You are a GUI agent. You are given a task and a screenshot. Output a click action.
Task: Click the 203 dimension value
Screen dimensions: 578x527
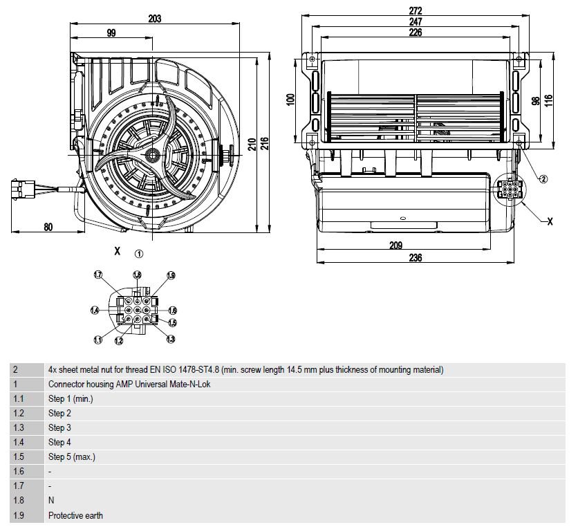point(154,19)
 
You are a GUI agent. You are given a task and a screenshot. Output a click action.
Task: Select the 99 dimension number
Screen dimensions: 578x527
point(111,33)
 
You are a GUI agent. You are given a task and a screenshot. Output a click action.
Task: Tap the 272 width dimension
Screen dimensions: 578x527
point(415,10)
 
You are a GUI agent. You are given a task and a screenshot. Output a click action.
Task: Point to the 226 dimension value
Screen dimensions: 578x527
point(415,33)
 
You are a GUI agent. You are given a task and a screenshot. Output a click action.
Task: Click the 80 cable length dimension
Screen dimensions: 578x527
point(48,227)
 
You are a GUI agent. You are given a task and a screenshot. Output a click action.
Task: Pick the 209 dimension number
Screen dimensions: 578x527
point(395,246)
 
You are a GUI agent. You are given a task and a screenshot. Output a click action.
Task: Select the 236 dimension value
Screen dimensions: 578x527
point(415,257)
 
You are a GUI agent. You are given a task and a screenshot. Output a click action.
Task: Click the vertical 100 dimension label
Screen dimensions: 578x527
point(290,100)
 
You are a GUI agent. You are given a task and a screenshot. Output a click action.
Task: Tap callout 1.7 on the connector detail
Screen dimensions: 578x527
point(97,275)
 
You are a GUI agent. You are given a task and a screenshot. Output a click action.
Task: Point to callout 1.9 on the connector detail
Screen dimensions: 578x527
point(171,275)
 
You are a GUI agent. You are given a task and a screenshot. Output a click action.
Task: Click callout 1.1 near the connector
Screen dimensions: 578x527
point(97,340)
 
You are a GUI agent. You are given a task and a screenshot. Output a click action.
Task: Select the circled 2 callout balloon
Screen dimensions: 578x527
point(543,179)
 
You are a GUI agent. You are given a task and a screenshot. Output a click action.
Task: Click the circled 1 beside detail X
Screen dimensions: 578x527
point(138,254)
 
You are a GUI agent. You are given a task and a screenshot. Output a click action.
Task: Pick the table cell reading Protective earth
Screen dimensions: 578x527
point(75,515)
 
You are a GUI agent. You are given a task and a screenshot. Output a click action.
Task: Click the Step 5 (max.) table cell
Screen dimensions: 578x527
point(72,457)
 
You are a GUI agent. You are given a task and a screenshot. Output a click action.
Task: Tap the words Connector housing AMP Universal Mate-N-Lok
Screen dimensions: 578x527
point(129,385)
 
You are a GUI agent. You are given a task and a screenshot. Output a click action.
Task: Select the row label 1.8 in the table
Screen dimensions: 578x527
point(19,501)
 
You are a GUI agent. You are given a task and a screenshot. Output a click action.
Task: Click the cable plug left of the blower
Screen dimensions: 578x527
point(23,189)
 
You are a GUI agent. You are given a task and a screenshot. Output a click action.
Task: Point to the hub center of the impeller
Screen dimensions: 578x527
point(151,155)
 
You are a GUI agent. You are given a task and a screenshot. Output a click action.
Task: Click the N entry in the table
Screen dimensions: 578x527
point(51,501)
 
